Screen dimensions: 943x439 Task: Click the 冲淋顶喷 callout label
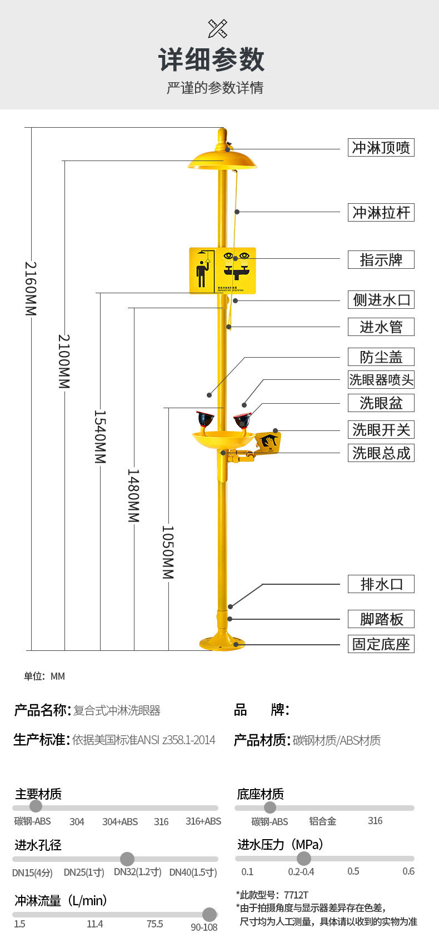tap(381, 148)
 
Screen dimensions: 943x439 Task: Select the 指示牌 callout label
tap(381, 260)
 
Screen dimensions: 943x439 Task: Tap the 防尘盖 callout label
tap(381, 357)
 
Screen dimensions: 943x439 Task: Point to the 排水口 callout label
tap(381, 584)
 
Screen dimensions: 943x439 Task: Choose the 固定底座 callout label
tap(381, 644)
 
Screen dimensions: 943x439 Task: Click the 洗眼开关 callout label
tap(381, 430)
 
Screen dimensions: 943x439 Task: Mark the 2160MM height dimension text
tap(31, 288)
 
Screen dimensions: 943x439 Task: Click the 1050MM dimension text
tap(168, 552)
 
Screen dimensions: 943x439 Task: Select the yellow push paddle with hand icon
tap(268, 442)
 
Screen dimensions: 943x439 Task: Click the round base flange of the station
tap(222, 643)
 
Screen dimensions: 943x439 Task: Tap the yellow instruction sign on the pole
tap(222, 270)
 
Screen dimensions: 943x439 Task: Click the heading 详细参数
tap(212, 59)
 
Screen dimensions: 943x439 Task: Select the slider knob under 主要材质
tap(36, 806)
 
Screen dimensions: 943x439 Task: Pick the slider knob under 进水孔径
tap(127, 859)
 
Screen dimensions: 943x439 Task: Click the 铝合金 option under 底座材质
tap(322, 821)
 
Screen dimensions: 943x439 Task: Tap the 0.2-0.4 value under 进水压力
tap(301, 872)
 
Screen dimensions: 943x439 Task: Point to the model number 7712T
tap(296, 895)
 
